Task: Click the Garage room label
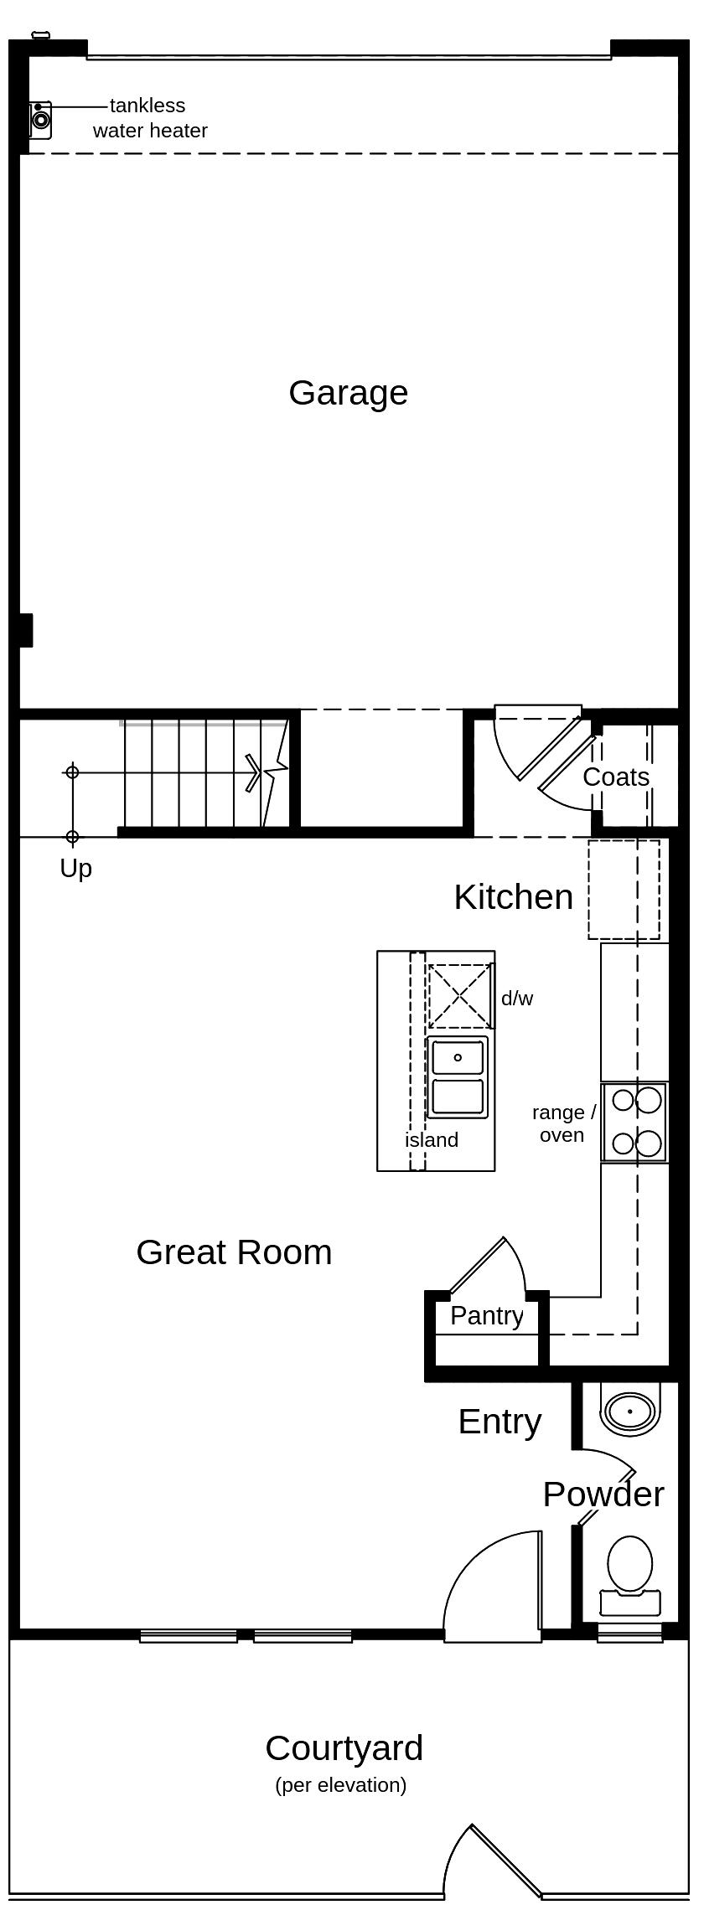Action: point(348,393)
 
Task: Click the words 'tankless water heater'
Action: point(149,118)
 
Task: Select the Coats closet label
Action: point(616,777)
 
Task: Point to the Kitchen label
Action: point(513,897)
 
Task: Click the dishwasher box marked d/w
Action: point(459,996)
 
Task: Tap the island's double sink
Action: point(458,1076)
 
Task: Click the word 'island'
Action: point(432,1140)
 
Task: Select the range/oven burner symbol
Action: point(635,1122)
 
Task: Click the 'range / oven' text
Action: point(563,1123)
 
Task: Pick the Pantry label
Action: point(486,1315)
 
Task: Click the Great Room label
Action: point(234,1252)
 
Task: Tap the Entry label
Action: point(500,1422)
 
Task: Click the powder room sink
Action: point(629,1412)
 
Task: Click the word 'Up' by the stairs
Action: point(75,869)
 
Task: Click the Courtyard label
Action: point(344,1748)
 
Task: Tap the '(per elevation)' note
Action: point(340,1785)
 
